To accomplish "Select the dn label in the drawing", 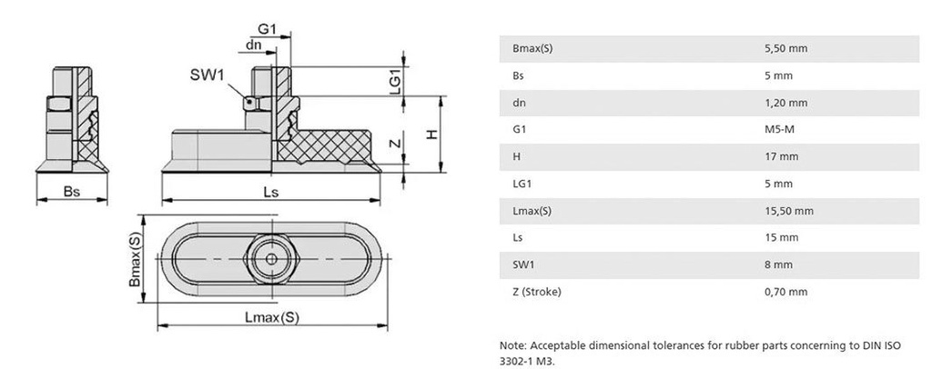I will point(256,45).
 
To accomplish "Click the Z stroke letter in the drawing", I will point(395,145).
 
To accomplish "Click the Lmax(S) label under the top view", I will point(271,317).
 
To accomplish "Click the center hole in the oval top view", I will point(271,258).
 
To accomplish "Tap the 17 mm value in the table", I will point(781,156).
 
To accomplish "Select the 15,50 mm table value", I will point(789,211).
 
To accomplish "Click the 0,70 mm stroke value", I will point(786,292).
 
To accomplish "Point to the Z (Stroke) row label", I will point(537,292).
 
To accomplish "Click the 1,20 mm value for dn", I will point(786,103).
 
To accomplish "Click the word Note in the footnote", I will point(512,345).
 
